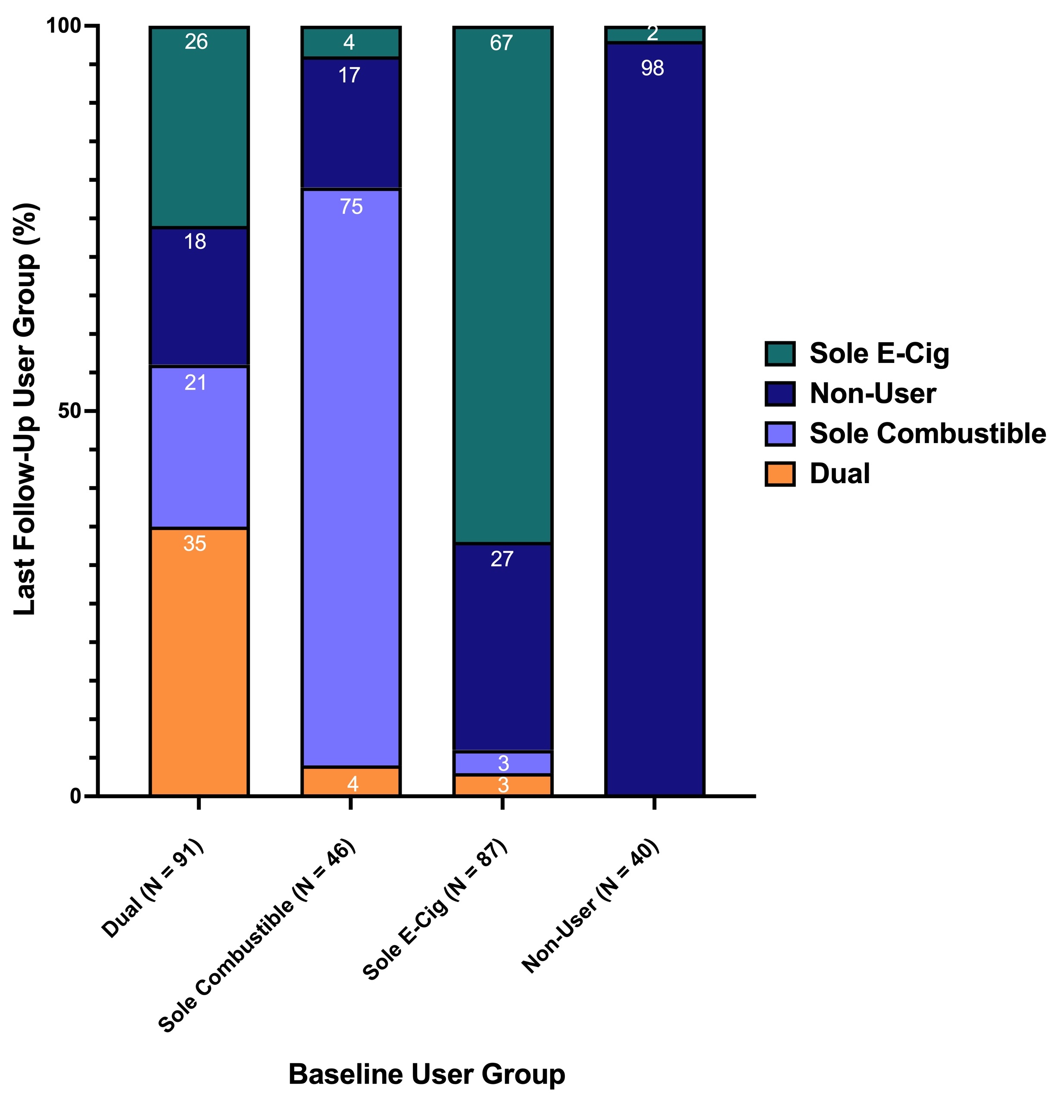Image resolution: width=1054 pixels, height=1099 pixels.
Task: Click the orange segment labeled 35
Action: point(199,662)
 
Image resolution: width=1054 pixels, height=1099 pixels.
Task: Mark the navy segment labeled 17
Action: point(351,123)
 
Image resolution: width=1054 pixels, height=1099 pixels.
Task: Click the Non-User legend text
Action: point(872,393)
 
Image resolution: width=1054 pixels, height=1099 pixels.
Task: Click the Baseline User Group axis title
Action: point(427,1073)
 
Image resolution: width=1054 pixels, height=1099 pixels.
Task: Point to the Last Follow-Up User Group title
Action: point(25,409)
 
